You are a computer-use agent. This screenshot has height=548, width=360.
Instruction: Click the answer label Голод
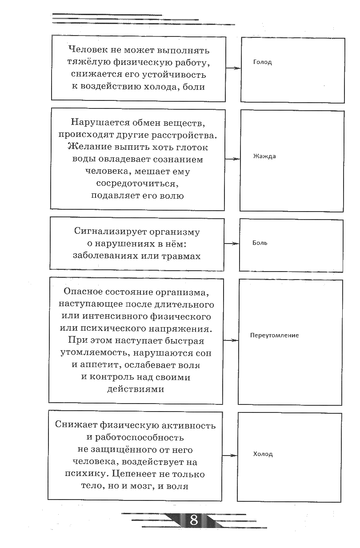[262, 62]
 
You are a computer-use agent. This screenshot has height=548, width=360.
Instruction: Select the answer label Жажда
[264, 156]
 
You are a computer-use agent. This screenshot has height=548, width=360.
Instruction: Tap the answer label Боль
[260, 243]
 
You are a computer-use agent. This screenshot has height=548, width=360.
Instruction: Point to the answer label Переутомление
[274, 335]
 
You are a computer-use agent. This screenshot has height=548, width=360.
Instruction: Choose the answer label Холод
[263, 454]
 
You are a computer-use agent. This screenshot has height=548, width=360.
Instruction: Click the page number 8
[194, 520]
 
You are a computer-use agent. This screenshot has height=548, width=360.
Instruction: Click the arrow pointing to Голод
[232, 68]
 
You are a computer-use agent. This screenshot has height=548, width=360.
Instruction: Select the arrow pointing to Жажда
[232, 159]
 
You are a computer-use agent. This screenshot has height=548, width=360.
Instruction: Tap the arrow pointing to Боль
[231, 244]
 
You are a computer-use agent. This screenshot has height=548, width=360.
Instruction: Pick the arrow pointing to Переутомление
[230, 340]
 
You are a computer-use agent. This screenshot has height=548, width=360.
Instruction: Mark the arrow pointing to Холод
[229, 456]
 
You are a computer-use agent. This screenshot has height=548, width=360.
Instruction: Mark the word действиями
[136, 389]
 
